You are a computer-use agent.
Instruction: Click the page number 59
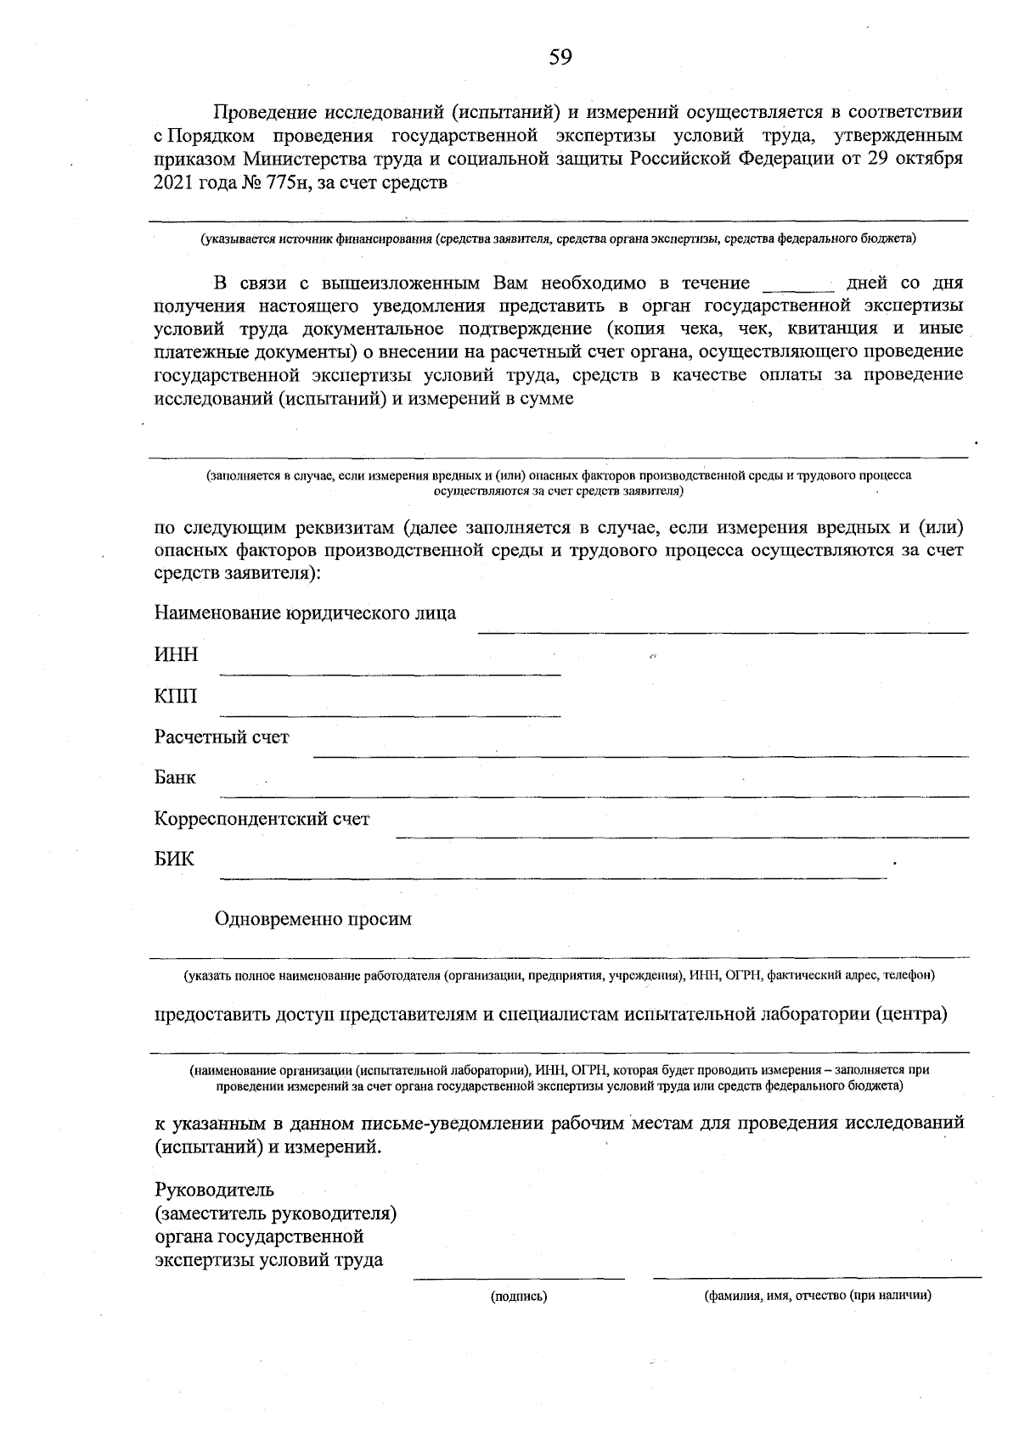click(560, 57)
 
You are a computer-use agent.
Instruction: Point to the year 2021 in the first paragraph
click(174, 182)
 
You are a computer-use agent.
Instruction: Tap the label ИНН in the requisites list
click(176, 654)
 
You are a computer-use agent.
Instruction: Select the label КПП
click(176, 696)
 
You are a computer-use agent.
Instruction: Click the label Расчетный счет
click(222, 737)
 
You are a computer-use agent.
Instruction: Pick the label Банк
click(175, 777)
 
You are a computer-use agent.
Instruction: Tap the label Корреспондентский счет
click(262, 819)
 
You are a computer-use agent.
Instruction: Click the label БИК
click(174, 859)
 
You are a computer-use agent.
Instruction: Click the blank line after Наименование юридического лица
click(722, 630)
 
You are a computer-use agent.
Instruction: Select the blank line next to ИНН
click(391, 674)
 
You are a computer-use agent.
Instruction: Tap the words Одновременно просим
click(313, 919)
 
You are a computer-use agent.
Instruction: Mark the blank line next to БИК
click(552, 877)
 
